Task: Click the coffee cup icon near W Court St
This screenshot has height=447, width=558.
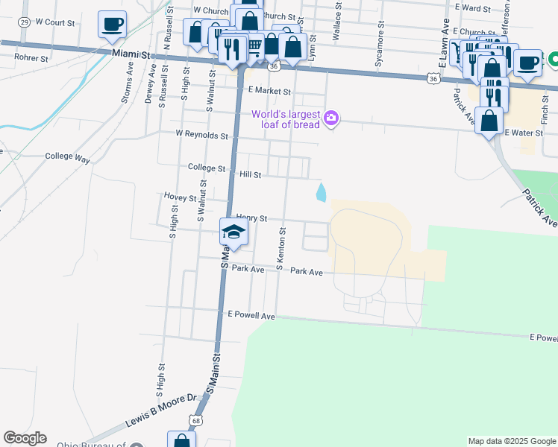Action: click(x=112, y=25)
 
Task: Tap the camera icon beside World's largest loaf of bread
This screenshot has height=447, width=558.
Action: click(x=331, y=118)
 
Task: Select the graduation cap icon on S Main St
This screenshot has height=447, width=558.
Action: click(x=233, y=232)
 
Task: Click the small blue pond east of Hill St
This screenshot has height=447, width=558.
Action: click(x=321, y=192)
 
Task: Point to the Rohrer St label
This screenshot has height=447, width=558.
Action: click(x=31, y=57)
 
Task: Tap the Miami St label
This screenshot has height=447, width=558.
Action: click(x=132, y=54)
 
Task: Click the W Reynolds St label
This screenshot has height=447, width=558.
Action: click(x=201, y=135)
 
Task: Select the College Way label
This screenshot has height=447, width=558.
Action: click(x=67, y=159)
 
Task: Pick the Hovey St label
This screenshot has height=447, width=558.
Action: click(x=180, y=198)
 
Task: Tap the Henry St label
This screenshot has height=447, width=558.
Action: click(x=251, y=218)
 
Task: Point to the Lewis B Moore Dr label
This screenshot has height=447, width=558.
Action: click(x=160, y=410)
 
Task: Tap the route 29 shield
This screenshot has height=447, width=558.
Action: click(x=25, y=22)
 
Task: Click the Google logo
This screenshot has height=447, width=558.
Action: click(x=25, y=438)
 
